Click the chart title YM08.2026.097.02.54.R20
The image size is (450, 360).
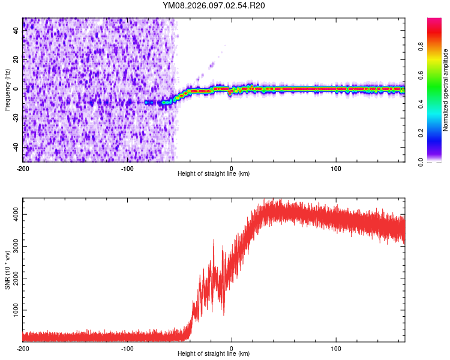[214, 6]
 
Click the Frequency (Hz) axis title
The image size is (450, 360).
[7, 90]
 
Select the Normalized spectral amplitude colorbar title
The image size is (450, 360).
[445, 90]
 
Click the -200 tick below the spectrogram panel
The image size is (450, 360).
[23, 168]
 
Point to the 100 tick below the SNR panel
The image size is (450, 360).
[337, 348]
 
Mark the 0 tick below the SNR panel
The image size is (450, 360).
[232, 348]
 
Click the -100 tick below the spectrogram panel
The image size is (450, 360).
[127, 168]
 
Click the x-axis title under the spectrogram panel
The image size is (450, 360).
[214, 174]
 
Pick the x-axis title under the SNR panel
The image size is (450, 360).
[214, 354]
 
